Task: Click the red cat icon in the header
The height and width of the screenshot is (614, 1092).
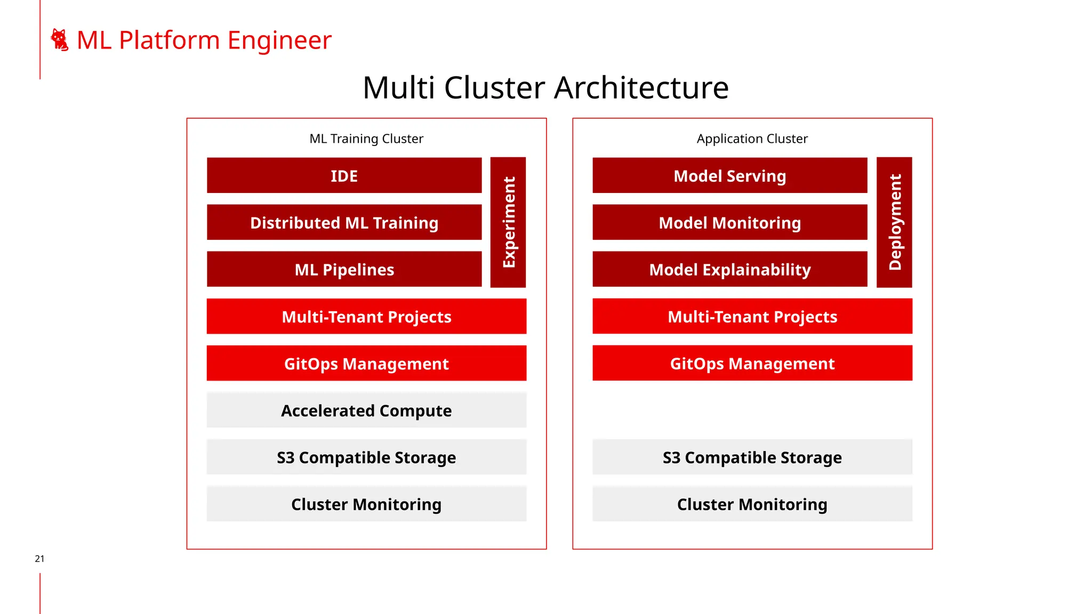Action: [59, 40]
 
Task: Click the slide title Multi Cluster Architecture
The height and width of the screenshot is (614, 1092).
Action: [545, 87]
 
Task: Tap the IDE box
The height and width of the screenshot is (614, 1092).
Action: [344, 175]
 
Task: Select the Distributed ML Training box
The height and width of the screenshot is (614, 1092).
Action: [344, 222]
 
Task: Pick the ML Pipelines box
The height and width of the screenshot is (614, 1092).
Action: [344, 269]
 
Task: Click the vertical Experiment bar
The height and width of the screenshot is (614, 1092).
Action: [508, 222]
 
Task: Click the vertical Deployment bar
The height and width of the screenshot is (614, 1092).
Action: [894, 222]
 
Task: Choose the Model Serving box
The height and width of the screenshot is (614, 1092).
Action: [729, 175]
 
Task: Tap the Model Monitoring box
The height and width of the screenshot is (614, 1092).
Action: [729, 222]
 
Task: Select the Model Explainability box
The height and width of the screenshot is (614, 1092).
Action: [729, 269]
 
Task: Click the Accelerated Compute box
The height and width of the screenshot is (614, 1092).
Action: [366, 410]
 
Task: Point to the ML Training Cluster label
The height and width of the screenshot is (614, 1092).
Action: [366, 139]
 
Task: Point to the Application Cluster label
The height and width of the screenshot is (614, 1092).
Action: [752, 139]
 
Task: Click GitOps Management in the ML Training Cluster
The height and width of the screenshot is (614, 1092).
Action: [366, 363]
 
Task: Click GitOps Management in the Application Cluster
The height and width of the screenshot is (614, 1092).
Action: [752, 363]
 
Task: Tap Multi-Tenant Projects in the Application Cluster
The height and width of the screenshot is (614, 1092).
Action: [752, 317]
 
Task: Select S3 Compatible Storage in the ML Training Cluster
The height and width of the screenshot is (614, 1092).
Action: [366, 457]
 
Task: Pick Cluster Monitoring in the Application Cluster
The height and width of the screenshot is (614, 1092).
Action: [752, 504]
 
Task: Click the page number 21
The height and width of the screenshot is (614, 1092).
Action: [39, 559]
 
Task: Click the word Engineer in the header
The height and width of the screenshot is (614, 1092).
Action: [279, 41]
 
